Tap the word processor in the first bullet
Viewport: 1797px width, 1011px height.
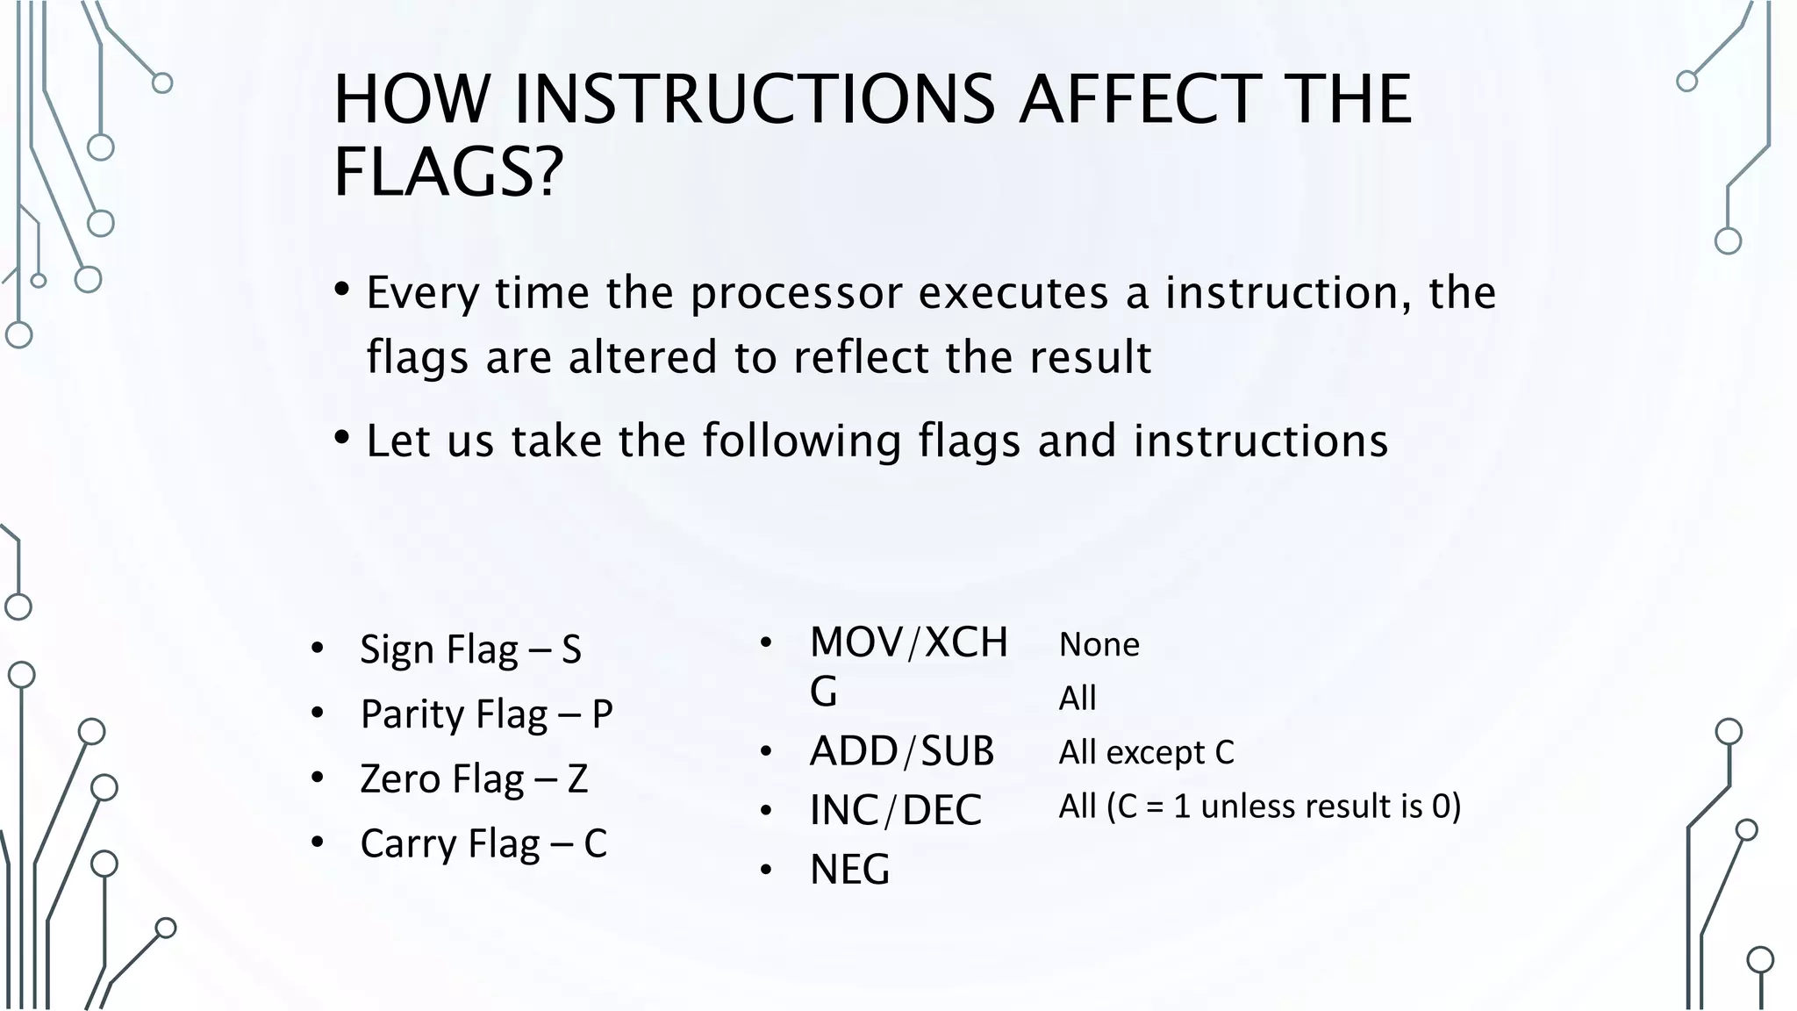point(796,293)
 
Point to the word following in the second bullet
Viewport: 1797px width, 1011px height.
point(801,441)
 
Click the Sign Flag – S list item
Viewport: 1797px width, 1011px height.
point(470,650)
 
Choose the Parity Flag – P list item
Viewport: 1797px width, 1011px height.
point(486,714)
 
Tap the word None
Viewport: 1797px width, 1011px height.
point(1099,645)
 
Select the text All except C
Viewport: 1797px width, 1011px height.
point(1146,753)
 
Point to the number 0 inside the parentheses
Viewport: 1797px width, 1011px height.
point(1441,807)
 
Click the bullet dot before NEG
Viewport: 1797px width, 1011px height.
point(766,871)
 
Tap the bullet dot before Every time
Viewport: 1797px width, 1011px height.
point(342,289)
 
